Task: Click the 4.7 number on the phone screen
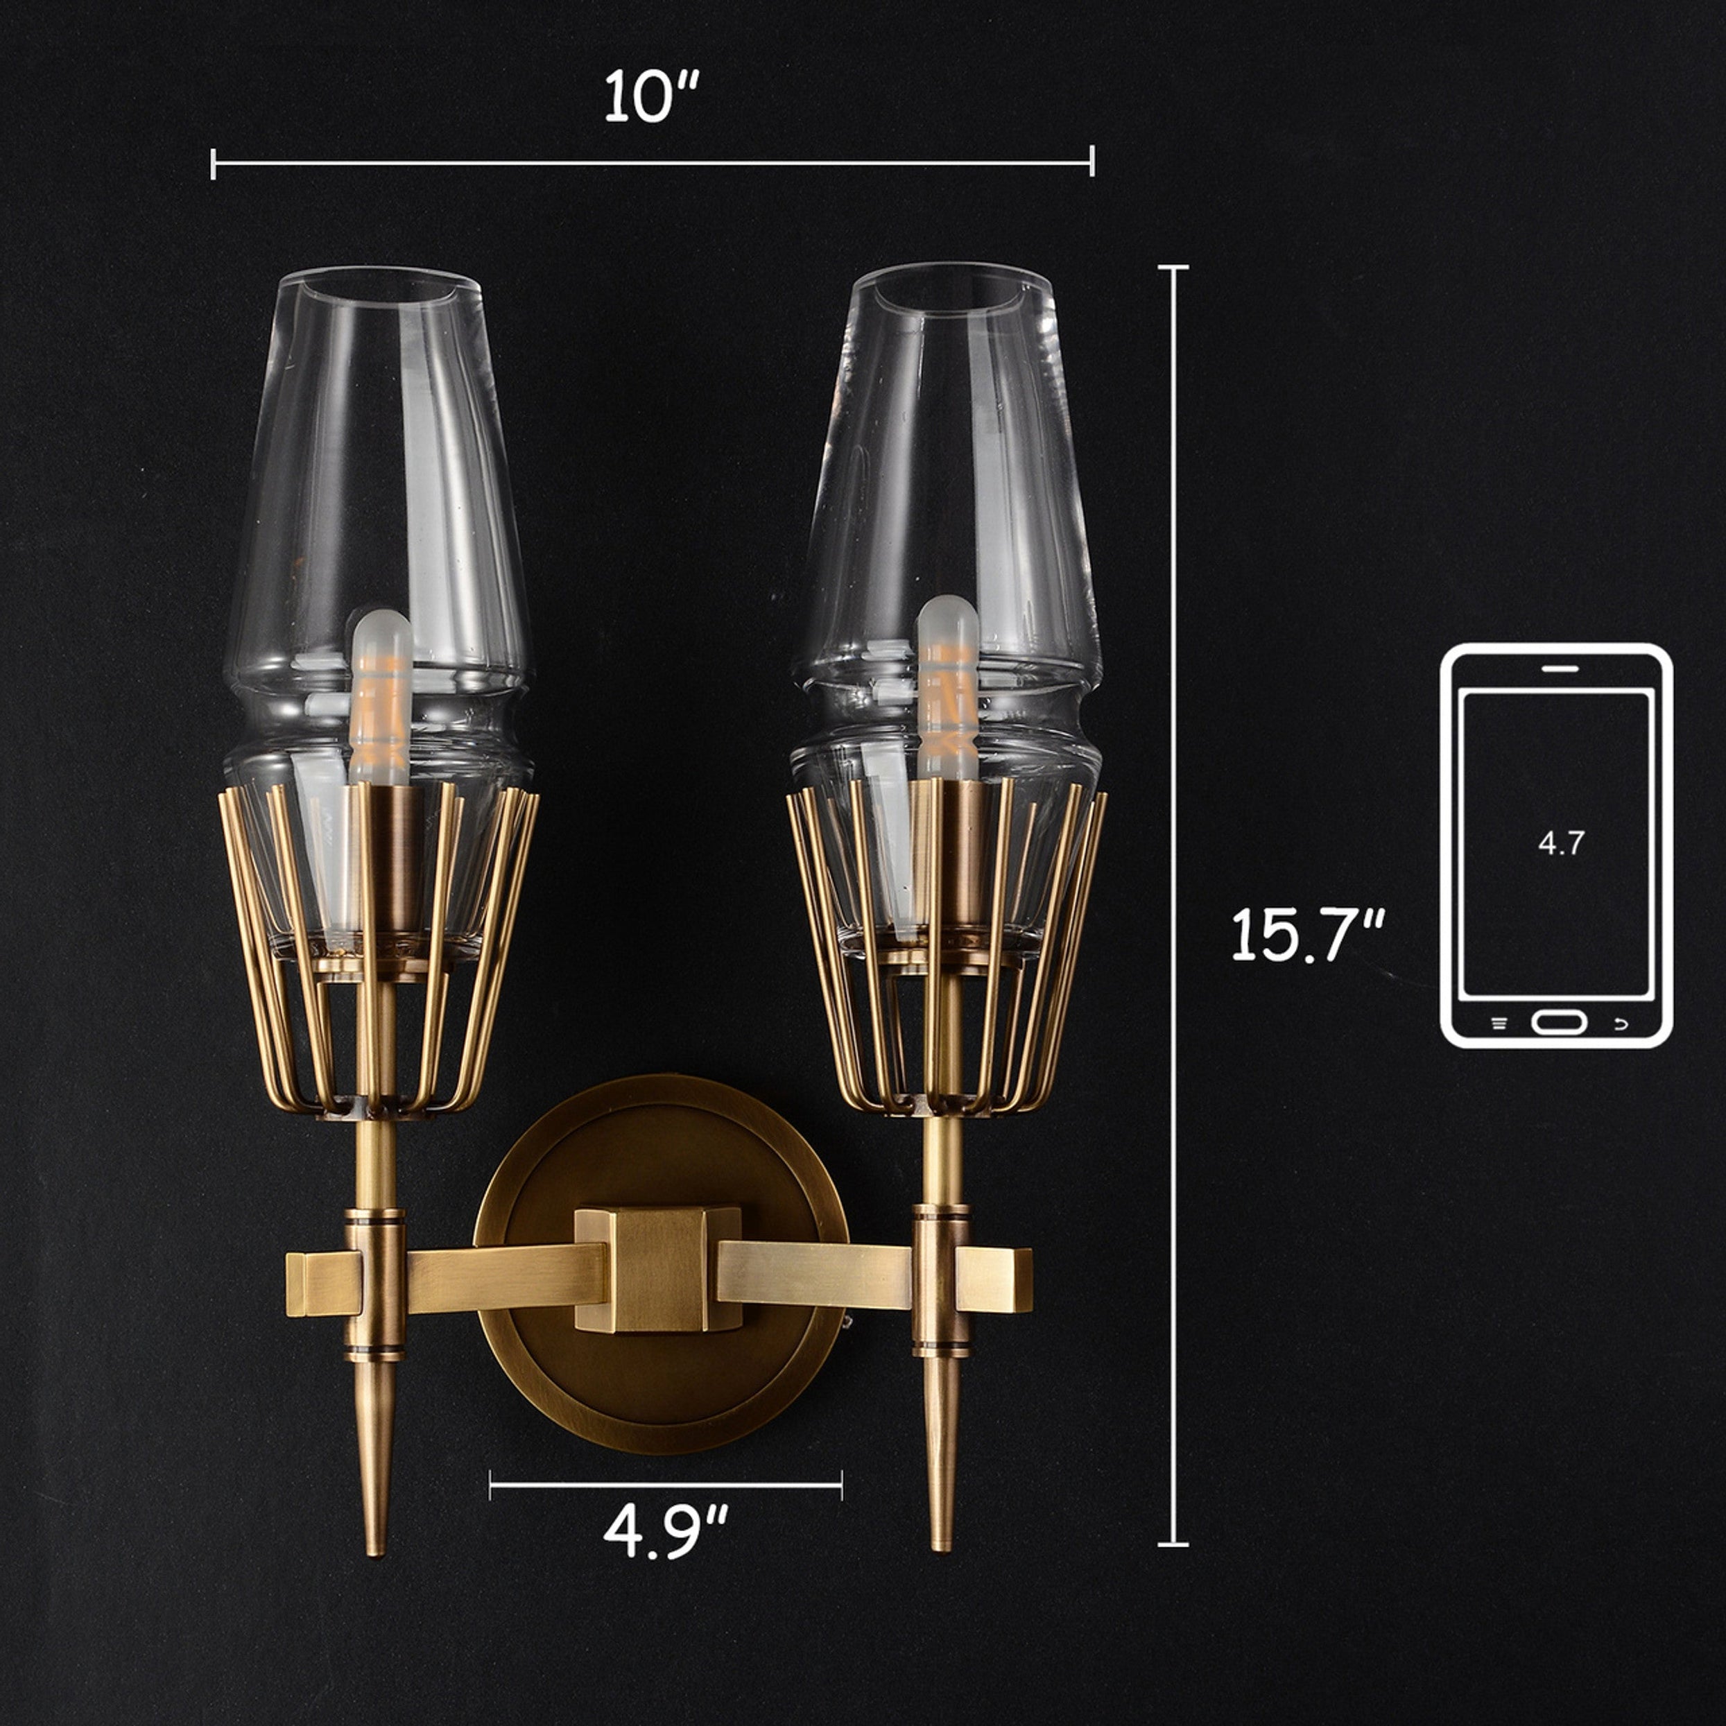pyautogui.click(x=1561, y=843)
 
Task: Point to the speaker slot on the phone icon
pyautogui.click(x=1560, y=667)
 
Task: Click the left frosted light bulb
pyautogui.click(x=381, y=697)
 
